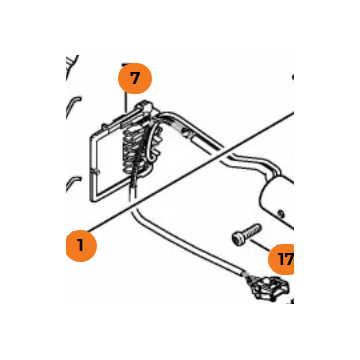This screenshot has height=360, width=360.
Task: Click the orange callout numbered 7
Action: [135, 78]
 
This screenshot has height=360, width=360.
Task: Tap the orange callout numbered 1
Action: [81, 246]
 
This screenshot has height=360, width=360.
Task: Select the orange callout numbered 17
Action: [282, 259]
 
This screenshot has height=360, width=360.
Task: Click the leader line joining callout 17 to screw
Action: [260, 245]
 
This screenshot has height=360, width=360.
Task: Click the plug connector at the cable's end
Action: [269, 288]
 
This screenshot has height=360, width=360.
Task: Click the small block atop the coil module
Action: [144, 107]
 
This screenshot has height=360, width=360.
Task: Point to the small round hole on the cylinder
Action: [282, 211]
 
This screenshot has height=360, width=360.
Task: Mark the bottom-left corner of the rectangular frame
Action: [91, 200]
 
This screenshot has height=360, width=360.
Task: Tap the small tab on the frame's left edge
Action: [96, 172]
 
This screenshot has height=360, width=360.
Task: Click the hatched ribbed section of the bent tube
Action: [177, 128]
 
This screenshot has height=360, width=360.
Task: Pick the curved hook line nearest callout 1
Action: [73, 182]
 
